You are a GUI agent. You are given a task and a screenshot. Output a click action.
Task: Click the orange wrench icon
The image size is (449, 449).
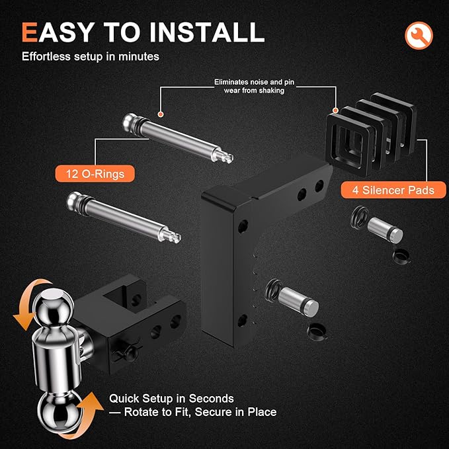pos(418,34)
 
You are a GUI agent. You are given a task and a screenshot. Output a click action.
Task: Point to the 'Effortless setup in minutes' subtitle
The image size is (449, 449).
pos(91,57)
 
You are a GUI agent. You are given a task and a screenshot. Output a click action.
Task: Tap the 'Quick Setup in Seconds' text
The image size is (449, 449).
pos(172,399)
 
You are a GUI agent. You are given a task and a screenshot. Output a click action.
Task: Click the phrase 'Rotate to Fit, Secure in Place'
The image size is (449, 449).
pos(193,412)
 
